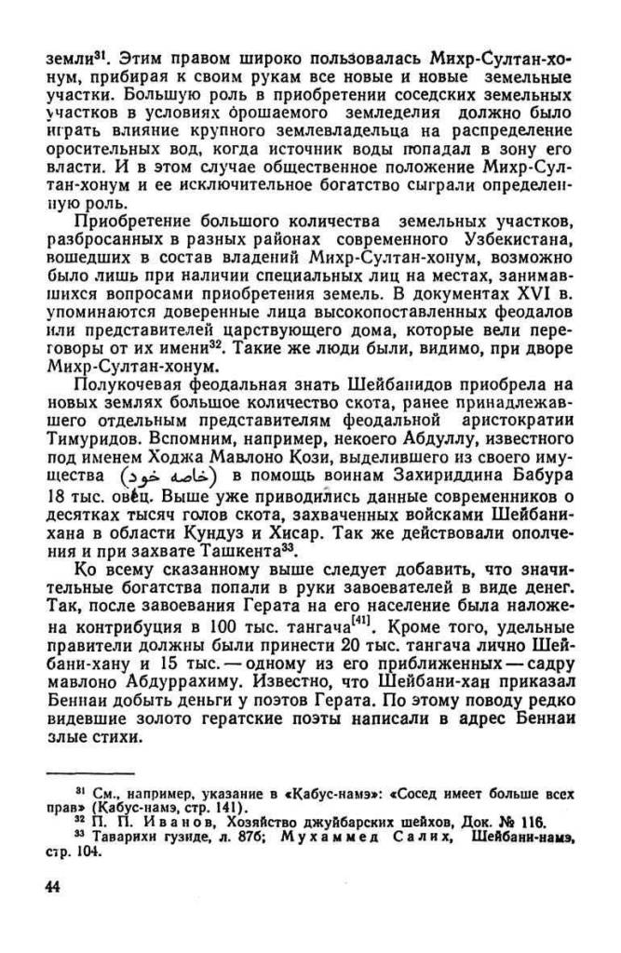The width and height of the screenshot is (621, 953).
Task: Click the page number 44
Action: tap(50, 884)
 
